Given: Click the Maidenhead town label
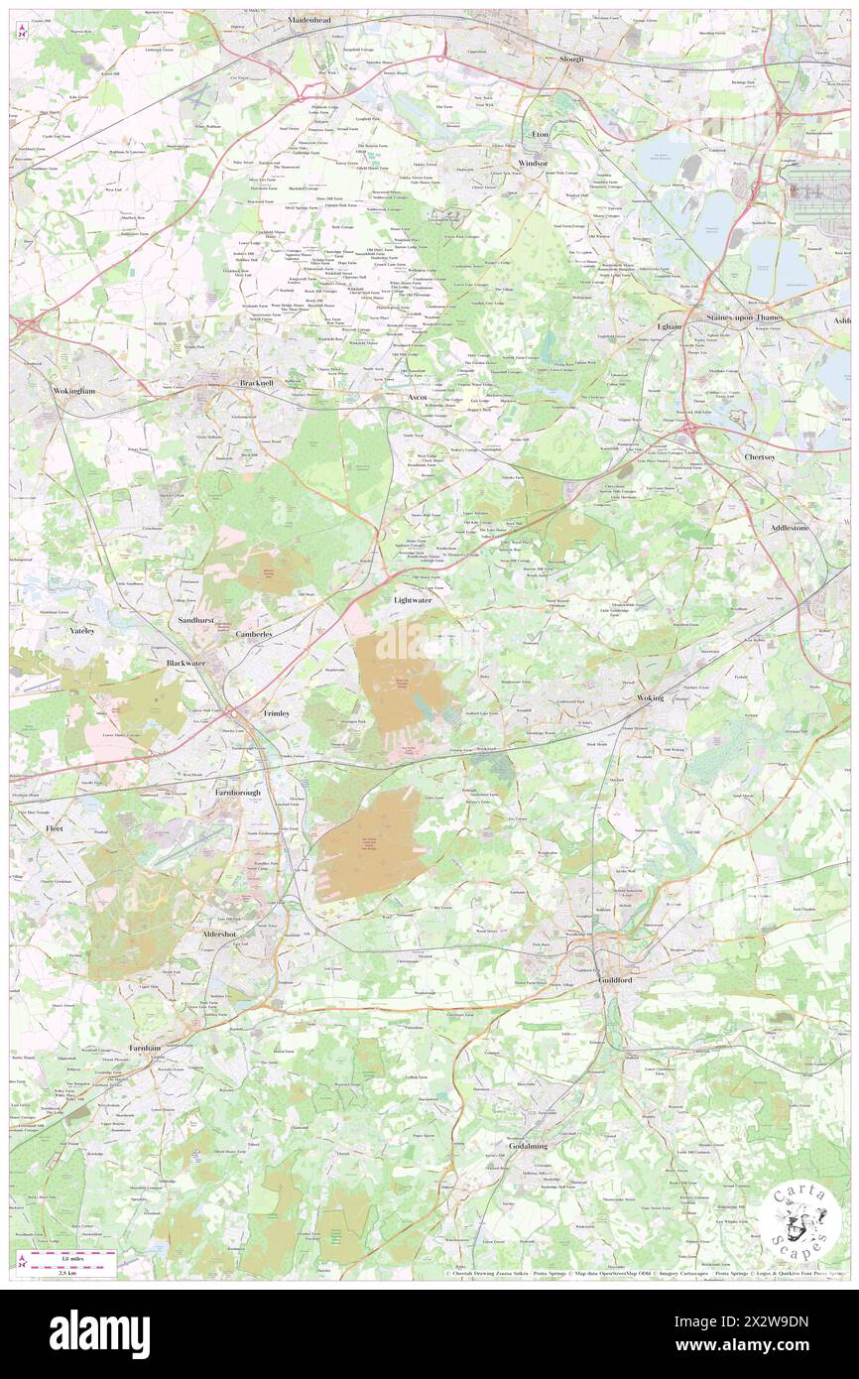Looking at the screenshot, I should (308, 19).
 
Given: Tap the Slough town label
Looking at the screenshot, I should (570, 59).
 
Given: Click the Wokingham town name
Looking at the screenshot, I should (73, 391).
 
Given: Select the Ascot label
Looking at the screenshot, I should (418, 396).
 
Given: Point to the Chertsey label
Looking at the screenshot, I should (765, 456).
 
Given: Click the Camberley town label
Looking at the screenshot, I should (261, 634).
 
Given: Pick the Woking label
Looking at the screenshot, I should (650, 698).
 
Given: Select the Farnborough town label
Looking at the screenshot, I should (242, 794).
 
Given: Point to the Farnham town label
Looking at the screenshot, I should (144, 1048).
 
